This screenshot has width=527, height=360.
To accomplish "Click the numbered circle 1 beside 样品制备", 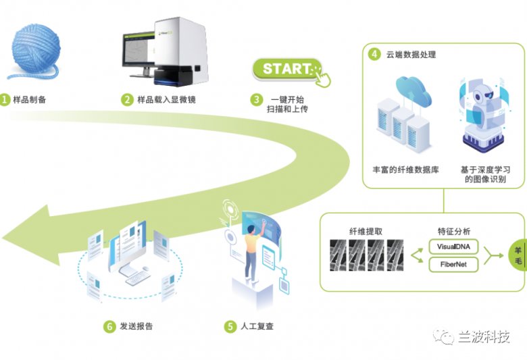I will click(x=5, y=100).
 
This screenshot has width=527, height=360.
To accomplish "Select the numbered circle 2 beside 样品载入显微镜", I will click(x=127, y=100).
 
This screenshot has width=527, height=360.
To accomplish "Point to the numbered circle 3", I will click(x=257, y=100).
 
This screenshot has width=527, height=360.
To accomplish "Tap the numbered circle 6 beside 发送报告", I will click(x=109, y=326).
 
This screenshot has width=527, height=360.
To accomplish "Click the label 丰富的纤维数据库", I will click(x=406, y=170).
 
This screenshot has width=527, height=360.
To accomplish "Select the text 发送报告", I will click(x=136, y=326).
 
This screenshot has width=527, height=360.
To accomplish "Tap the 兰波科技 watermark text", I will click(x=482, y=336).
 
